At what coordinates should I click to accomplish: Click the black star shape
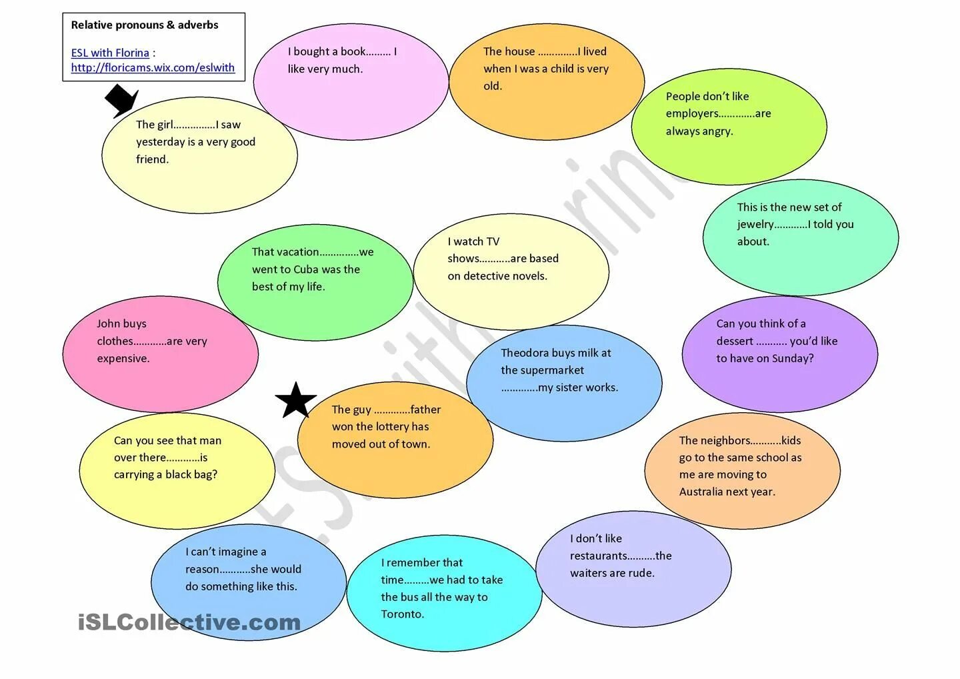coord(295,401)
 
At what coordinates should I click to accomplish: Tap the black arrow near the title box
coord(121,100)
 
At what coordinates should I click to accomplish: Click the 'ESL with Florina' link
coord(110,53)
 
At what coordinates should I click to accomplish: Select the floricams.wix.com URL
coord(153,67)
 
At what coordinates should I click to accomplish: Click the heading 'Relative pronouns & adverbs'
coord(145,25)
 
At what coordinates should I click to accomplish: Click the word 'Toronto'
coord(402,614)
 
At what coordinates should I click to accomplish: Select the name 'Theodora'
coord(525,353)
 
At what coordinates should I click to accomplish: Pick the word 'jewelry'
coord(755,225)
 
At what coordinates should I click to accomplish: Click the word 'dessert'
coord(735,342)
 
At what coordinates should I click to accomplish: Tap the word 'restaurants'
coord(598,556)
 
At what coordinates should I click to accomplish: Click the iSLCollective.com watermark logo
coord(189,622)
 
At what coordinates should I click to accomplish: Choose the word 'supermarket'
coord(542,370)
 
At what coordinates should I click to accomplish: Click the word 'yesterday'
coord(161,142)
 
